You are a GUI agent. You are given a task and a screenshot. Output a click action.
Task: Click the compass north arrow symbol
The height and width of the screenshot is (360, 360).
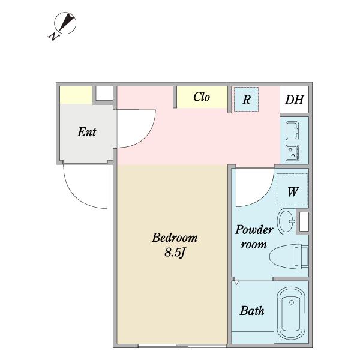click(x=65, y=23)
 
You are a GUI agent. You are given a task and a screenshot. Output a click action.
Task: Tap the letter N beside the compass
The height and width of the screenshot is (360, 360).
click(x=53, y=36)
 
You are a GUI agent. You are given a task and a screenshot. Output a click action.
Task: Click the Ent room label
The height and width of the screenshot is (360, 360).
click(x=87, y=132)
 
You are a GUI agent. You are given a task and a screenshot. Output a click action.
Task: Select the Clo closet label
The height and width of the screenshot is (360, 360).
click(x=202, y=97)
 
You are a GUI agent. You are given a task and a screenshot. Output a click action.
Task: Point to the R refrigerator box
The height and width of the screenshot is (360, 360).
click(x=246, y=99)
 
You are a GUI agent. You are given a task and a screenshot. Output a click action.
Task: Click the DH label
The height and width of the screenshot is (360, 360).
click(x=295, y=100)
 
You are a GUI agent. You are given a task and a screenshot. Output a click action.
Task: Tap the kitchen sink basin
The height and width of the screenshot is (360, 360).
click(x=292, y=131)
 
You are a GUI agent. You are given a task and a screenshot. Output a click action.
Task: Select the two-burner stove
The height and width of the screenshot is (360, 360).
click(x=292, y=153)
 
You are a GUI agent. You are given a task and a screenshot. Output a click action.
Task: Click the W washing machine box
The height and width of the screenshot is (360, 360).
click(x=292, y=189)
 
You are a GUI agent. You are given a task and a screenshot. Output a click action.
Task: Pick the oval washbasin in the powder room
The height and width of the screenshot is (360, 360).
click(x=286, y=221)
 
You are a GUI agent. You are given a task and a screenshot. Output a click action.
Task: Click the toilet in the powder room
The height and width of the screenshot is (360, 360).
click(x=289, y=256)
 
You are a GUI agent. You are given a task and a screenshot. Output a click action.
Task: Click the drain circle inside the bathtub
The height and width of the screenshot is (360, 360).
click(x=292, y=302)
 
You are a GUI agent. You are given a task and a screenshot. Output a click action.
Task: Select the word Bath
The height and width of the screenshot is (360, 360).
click(x=252, y=311)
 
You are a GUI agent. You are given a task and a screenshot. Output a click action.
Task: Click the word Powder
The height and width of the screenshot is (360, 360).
click(x=254, y=230)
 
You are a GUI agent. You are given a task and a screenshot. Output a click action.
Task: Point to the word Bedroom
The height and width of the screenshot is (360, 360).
click(x=175, y=238)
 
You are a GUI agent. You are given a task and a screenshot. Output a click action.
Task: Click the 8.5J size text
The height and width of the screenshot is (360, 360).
click(x=175, y=253)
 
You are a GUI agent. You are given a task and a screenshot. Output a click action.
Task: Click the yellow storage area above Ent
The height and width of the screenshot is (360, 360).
click(x=76, y=95)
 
